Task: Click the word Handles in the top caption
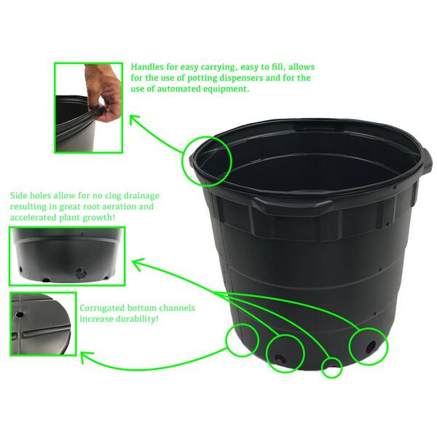coord(150,65)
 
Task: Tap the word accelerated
coord(36,219)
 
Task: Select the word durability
coord(138,319)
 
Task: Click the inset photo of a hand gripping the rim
coord(89,107)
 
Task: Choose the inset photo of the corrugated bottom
coord(43,324)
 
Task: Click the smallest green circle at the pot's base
coord(331,366)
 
